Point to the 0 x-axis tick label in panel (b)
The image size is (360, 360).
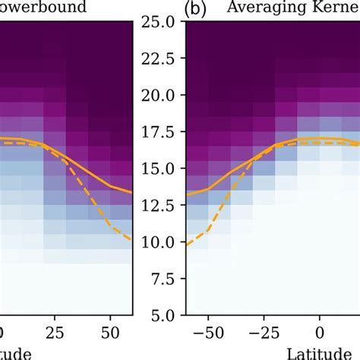pos(320,333)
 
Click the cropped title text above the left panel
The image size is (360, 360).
pos(53,8)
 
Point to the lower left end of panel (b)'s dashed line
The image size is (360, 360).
pos(187,245)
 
